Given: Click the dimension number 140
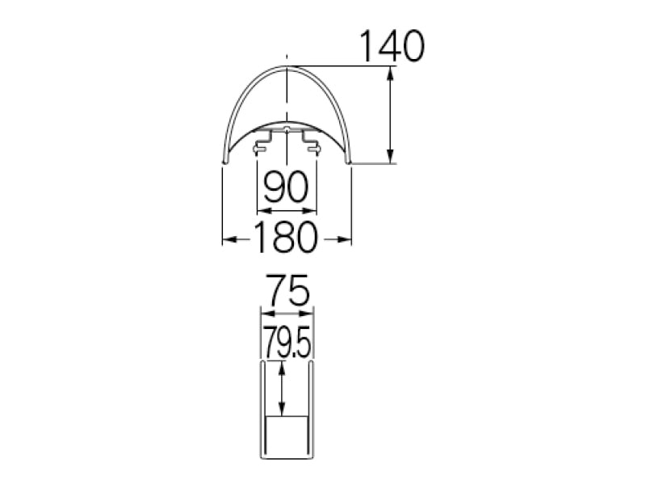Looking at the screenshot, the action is (392, 46).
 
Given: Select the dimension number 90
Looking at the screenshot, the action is (286, 187).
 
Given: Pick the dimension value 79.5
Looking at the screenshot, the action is (287, 342).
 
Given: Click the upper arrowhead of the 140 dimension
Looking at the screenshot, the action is (390, 74).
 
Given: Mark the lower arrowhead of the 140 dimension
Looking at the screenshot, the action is (390, 156).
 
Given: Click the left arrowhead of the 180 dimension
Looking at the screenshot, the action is (230, 239).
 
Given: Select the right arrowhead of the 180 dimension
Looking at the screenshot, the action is (344, 239).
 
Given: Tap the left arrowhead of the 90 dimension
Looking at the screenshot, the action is (265, 211).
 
